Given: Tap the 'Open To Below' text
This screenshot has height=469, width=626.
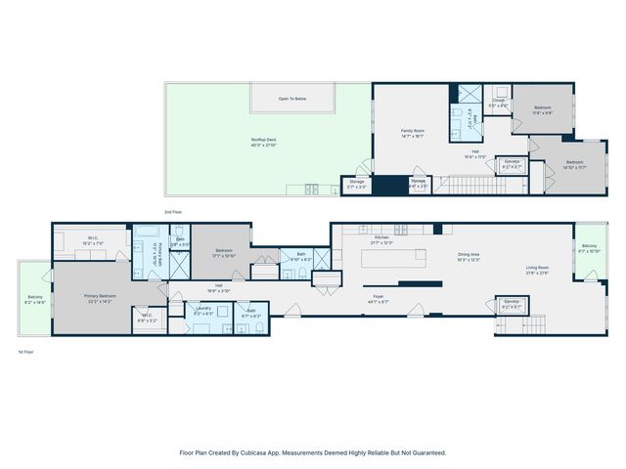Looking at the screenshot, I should [x=292, y=99].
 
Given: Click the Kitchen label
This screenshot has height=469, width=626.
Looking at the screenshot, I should [x=382, y=238].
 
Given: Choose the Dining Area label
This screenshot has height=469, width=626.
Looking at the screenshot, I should [x=470, y=257].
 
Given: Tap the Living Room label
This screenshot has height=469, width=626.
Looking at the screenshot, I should [x=537, y=270].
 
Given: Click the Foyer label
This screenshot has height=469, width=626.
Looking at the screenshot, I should [x=377, y=298].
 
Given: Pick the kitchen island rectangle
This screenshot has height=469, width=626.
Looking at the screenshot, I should [x=394, y=259].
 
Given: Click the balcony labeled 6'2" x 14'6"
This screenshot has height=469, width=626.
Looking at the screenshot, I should [x=35, y=300].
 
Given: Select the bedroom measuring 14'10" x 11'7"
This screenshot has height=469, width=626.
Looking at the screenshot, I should [x=574, y=164].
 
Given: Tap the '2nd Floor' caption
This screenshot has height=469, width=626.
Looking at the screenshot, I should [x=174, y=211].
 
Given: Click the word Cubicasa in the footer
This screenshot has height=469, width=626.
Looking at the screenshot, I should [x=267, y=452].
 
